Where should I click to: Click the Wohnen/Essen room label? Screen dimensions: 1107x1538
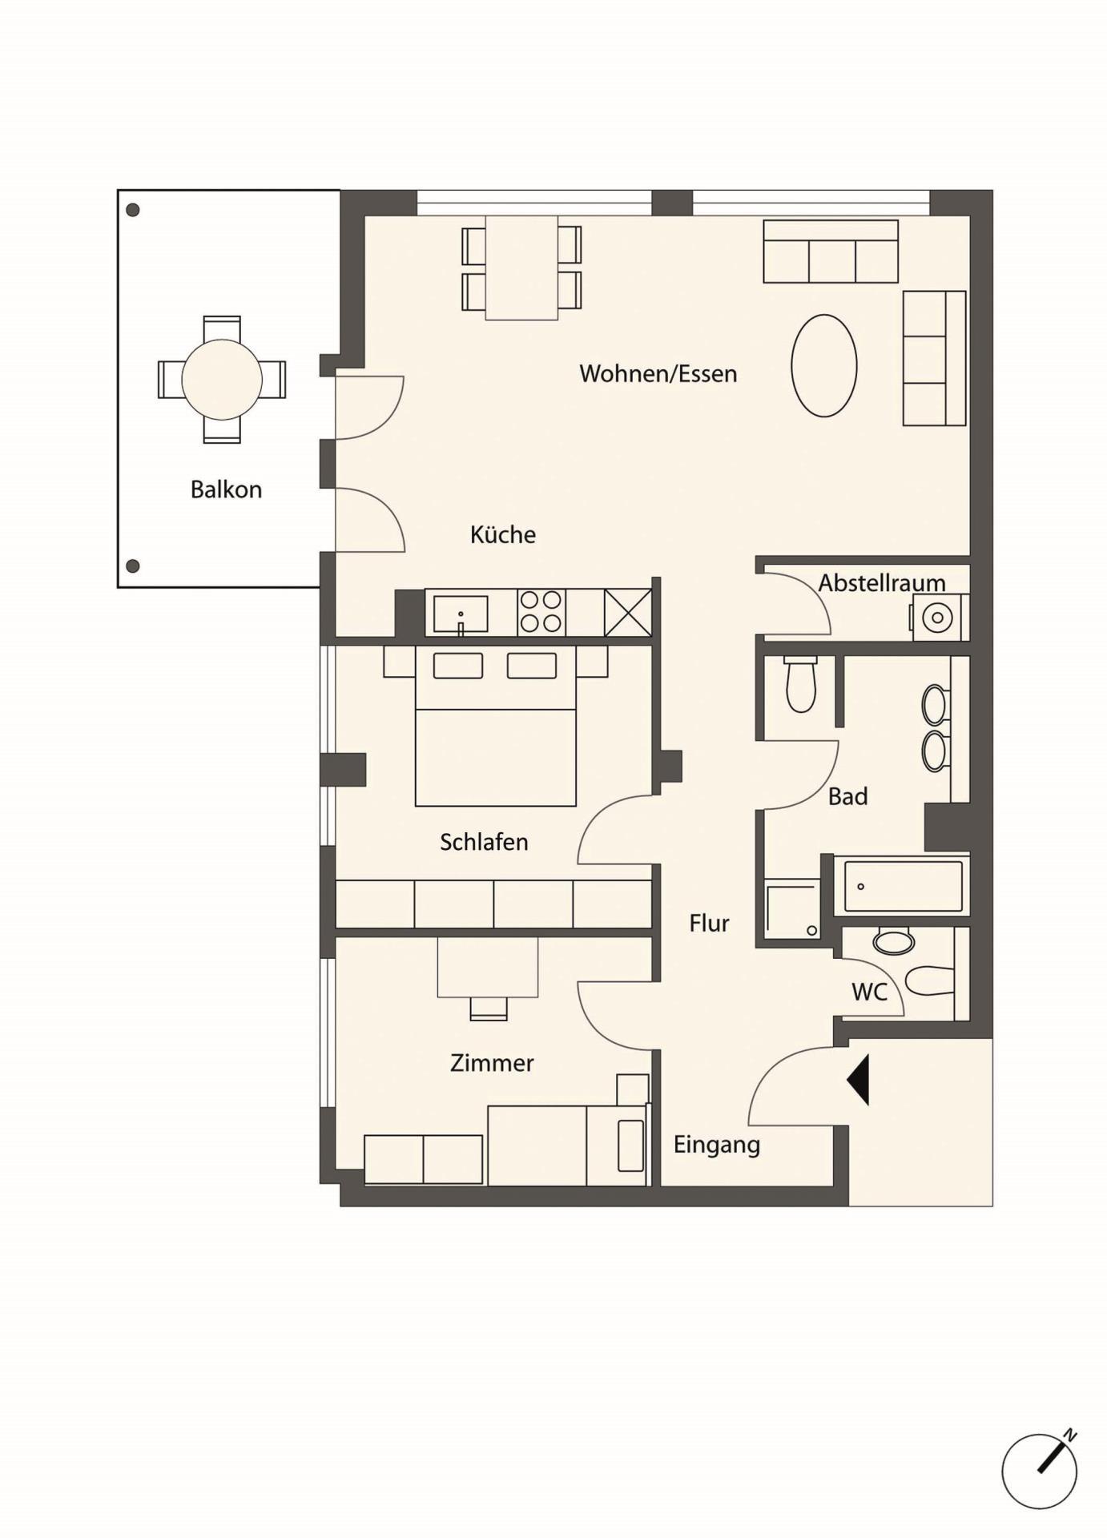658,374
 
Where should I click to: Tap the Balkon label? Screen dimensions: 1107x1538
226,489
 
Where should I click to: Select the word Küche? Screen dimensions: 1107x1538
503,534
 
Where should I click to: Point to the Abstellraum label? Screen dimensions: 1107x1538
881,582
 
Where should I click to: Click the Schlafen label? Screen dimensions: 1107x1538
484,842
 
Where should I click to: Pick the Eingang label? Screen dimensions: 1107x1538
716,1145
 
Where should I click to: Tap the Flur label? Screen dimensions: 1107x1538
709,924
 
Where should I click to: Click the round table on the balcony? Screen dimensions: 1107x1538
222,379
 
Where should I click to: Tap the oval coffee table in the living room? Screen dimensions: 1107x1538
824,365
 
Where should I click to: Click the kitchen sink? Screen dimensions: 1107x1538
461,614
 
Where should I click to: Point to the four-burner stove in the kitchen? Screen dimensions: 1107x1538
541,613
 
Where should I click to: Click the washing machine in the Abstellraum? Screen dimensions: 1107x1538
939,617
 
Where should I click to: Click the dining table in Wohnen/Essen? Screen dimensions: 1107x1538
521,268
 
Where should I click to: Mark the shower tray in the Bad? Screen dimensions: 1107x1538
792,910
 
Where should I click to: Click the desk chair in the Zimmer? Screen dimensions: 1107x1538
488,1009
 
